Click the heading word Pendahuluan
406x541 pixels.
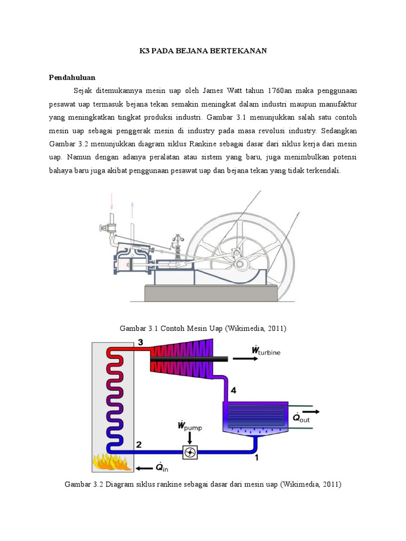(x=72, y=77)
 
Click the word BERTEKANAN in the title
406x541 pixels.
(x=242, y=51)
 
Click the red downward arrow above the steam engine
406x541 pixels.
(x=112, y=201)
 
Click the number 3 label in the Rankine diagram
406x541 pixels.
(x=140, y=342)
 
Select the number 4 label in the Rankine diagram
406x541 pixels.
(x=234, y=391)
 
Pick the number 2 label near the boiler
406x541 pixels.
(x=139, y=444)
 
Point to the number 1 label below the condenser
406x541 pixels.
(x=257, y=458)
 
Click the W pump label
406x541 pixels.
(x=190, y=425)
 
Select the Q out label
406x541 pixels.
(x=301, y=418)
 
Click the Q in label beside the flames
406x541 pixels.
(x=158, y=468)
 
